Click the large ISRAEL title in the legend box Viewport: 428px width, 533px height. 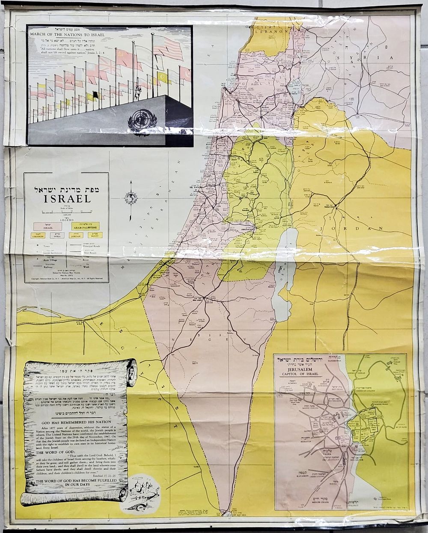(x=66, y=199)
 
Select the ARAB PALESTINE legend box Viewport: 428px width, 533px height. (x=86, y=226)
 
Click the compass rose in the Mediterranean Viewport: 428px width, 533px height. (x=131, y=198)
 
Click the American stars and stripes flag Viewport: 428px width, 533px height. (x=168, y=47)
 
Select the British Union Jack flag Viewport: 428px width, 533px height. (x=107, y=66)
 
